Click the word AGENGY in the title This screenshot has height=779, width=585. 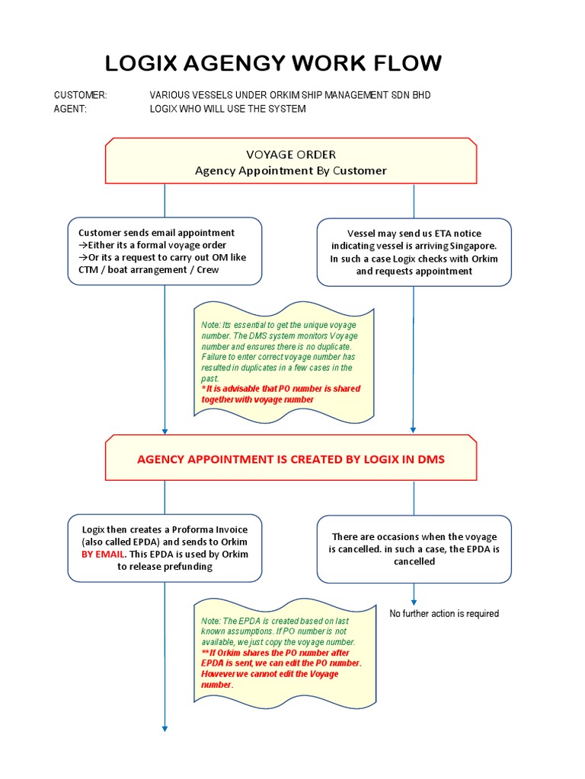point(240,63)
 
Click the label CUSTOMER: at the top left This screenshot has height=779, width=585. point(81,95)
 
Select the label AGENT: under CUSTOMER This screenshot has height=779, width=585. point(71,109)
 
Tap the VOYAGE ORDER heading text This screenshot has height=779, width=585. point(290,154)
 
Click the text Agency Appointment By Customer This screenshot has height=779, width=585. point(290,170)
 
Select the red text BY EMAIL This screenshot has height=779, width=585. point(104,554)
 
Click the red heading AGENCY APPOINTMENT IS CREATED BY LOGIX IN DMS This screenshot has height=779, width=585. point(290,459)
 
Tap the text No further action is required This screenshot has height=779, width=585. point(444,613)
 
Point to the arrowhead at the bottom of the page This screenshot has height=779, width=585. point(165,729)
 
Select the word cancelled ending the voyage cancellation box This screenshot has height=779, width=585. point(414,561)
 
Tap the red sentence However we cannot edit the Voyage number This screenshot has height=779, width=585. point(270,679)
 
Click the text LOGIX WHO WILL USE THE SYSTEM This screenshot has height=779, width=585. point(228,109)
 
